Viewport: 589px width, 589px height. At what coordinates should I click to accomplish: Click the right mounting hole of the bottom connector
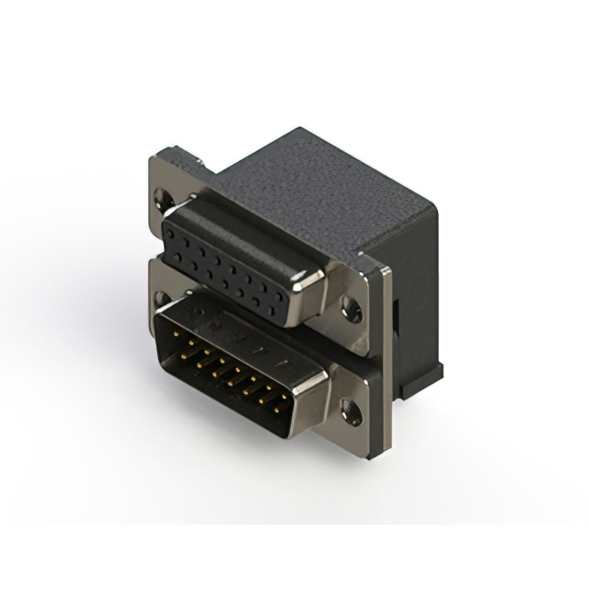pos(351,411)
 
